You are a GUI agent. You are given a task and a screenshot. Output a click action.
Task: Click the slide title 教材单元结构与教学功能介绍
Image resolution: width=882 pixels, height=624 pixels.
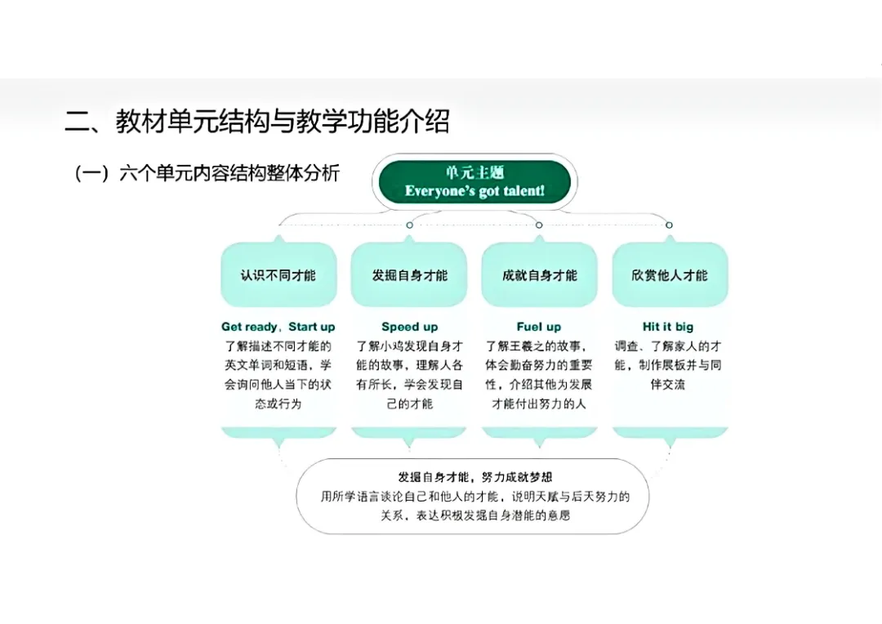(x=257, y=123)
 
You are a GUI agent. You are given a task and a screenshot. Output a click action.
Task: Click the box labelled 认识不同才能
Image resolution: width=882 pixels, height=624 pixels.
(x=278, y=275)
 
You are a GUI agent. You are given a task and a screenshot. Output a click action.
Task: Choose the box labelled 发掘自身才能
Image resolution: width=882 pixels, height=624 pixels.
(x=409, y=275)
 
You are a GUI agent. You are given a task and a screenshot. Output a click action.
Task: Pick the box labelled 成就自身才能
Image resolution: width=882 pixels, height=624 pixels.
(x=539, y=275)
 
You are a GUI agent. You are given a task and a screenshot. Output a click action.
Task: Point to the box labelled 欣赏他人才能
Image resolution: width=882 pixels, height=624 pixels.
(x=669, y=275)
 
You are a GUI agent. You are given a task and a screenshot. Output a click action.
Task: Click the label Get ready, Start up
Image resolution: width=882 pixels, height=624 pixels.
(x=278, y=327)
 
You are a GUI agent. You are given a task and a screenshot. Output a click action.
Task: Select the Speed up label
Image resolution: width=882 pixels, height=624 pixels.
(x=409, y=327)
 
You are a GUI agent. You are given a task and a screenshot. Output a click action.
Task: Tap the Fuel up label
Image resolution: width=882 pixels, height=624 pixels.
(x=539, y=327)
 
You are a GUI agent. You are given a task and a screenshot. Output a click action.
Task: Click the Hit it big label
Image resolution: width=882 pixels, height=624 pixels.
(x=668, y=327)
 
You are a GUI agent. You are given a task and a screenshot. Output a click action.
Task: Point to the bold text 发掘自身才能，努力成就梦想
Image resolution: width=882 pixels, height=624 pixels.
(x=469, y=477)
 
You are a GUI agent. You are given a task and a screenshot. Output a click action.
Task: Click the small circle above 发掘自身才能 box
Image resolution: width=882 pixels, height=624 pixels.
(x=409, y=225)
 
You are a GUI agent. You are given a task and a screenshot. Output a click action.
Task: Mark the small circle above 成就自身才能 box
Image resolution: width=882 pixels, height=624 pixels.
(x=539, y=225)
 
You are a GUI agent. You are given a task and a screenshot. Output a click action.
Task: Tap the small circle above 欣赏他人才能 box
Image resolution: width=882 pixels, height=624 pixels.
(x=669, y=225)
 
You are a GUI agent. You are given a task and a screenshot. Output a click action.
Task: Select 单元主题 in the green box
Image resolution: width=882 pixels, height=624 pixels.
(x=474, y=172)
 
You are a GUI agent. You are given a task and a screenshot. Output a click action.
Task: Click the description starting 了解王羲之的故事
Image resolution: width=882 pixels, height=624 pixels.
(x=539, y=375)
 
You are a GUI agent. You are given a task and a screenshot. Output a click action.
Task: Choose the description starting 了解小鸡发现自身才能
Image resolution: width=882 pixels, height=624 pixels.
(x=409, y=375)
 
